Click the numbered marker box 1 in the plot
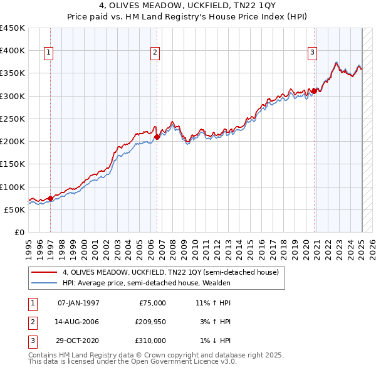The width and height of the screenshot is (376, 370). coord(48,53)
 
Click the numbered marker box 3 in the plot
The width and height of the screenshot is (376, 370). coord(312,53)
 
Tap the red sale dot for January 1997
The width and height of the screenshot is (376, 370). coord(51,199)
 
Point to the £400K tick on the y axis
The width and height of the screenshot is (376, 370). coord(13,51)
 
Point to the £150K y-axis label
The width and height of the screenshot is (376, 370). coord(13,164)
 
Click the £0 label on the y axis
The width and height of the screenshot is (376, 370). coord(19,233)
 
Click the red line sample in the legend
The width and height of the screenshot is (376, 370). coord(44,272)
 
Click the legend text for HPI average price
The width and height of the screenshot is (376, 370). coord(147,283)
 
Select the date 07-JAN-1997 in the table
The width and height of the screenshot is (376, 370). coord(78,303)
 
